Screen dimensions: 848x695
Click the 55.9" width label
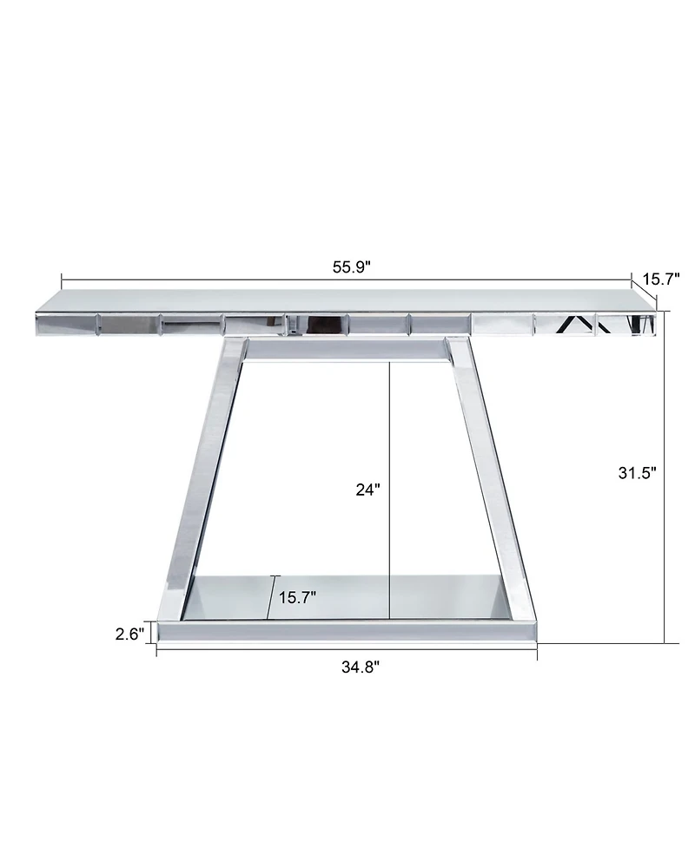tap(351, 266)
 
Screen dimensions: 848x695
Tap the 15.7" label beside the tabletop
tap(660, 279)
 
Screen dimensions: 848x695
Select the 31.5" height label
tap(637, 472)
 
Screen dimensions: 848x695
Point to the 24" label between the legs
tap(367, 490)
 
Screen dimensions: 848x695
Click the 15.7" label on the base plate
tap(297, 597)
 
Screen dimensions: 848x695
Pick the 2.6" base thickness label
tap(129, 634)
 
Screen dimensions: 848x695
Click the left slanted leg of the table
tap(205, 469)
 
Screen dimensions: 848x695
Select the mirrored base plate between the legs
tap(347, 597)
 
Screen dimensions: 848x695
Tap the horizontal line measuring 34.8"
tap(261, 651)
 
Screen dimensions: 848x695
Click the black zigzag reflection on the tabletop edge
tap(575, 325)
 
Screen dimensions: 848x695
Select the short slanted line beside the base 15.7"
tap(272, 598)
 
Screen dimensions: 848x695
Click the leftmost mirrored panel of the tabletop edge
tap(66, 325)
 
